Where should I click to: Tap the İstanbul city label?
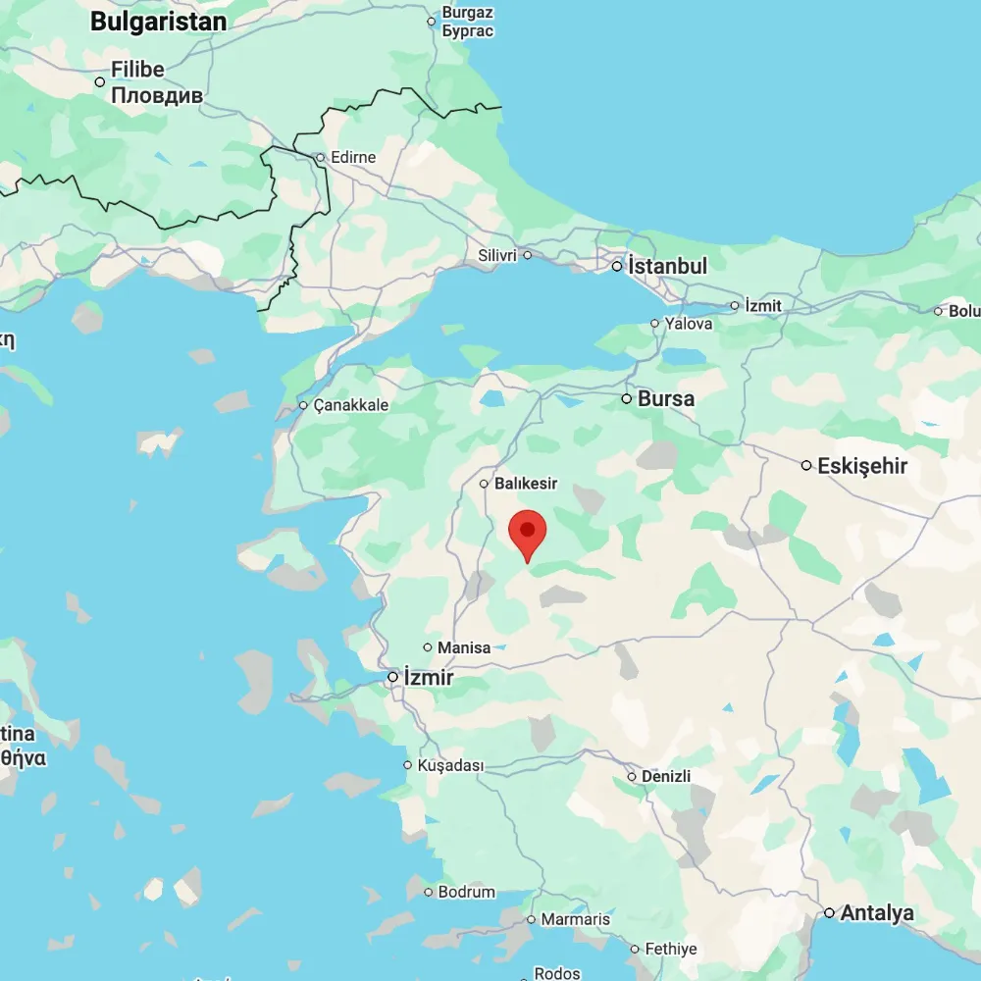tap(668, 266)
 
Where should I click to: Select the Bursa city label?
tap(666, 399)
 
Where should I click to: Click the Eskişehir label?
tap(862, 466)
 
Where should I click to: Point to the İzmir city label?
tap(430, 678)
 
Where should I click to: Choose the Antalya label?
tap(877, 913)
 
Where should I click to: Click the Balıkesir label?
tap(526, 484)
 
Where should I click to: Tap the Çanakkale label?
tap(351, 405)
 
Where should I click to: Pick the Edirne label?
tap(353, 157)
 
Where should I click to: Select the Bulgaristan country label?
tap(158, 22)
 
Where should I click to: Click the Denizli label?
tap(666, 776)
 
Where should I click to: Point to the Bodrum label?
tap(467, 893)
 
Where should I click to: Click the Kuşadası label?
tap(451, 765)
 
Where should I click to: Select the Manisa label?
tap(463, 647)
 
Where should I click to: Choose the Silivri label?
tap(496, 255)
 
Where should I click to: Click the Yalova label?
tap(689, 323)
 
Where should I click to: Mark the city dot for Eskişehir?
tap(806, 465)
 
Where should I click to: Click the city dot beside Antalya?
tap(829, 913)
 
